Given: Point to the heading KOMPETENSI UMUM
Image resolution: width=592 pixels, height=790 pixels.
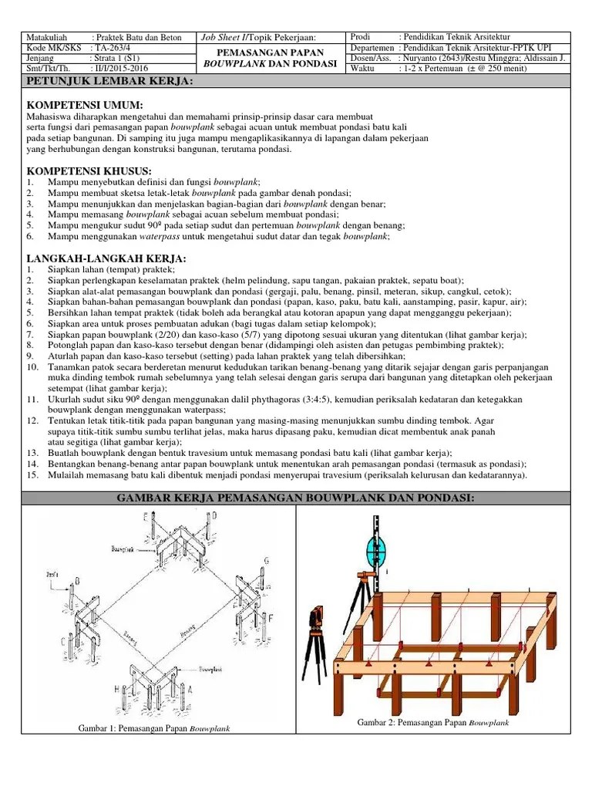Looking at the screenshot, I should coord(85,104).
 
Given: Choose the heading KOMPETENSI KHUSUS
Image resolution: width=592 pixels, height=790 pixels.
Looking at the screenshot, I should coord(89,170).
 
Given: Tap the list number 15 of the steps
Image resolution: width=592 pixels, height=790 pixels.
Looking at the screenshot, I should coord(32,475).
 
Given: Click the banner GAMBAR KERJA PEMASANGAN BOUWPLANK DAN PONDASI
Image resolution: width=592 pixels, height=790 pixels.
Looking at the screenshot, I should coord(296,500).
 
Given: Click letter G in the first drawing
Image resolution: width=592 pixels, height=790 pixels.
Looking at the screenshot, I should coord(267,560).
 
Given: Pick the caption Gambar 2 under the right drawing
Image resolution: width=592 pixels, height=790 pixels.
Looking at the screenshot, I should coord(432,723).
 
